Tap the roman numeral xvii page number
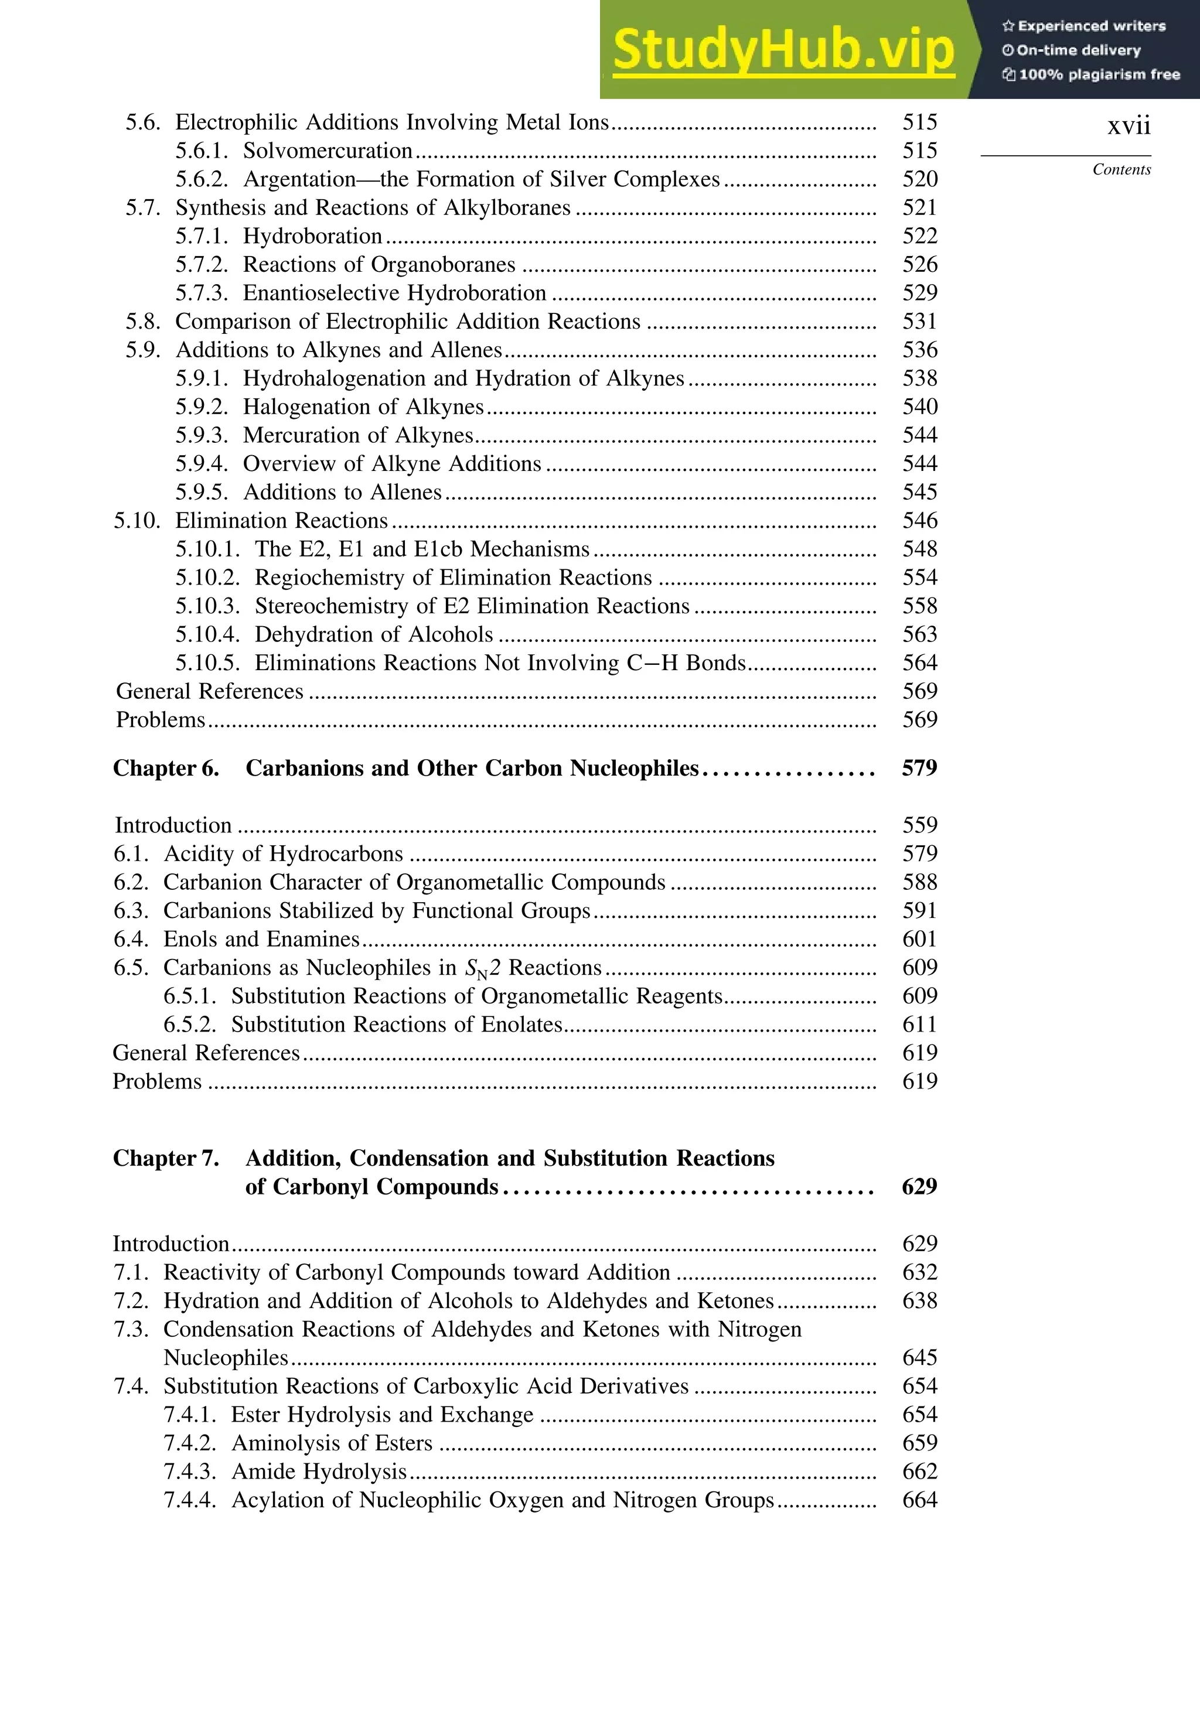pyautogui.click(x=1129, y=125)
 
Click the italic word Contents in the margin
pyautogui.click(x=1121, y=169)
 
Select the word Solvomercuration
pyautogui.click(x=327, y=151)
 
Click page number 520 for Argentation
pyautogui.click(x=919, y=179)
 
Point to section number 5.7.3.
pyautogui.click(x=202, y=293)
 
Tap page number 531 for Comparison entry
pyautogui.click(x=919, y=321)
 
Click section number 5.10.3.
pyautogui.click(x=207, y=606)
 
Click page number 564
pyautogui.click(x=919, y=663)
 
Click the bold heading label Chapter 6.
pyautogui.click(x=166, y=768)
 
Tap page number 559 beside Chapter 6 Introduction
pyautogui.click(x=919, y=825)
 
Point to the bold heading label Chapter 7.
pyautogui.click(x=166, y=1158)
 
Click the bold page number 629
pyautogui.click(x=919, y=1187)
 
